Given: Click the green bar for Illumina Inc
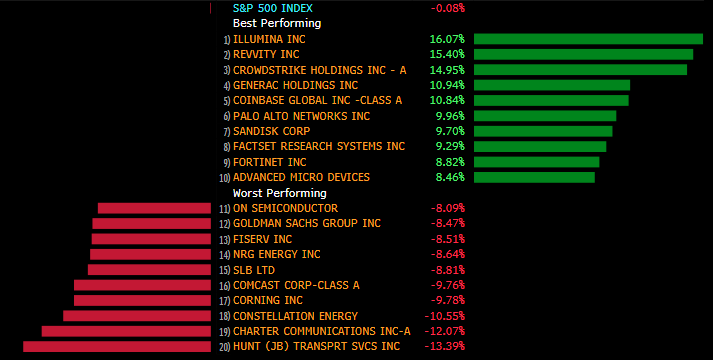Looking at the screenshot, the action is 588,39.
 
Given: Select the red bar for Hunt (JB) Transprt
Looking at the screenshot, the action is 117,346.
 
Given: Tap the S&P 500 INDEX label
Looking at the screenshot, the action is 273,8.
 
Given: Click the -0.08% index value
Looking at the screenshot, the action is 448,8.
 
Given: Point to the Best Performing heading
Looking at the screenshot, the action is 277,23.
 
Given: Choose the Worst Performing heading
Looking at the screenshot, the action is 280,193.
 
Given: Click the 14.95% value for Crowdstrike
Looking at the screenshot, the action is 447,70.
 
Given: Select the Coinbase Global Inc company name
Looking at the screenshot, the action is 317,100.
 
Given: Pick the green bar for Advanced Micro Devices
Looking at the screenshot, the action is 534,177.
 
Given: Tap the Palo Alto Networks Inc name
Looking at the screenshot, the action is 301,116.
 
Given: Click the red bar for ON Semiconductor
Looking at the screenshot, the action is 154,208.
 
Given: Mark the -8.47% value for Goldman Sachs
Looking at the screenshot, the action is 448,224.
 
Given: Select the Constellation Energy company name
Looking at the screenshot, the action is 296,316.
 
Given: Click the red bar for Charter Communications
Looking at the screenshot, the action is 126,331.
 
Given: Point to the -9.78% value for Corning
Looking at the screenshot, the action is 448,300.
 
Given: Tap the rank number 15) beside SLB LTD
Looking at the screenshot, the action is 225,270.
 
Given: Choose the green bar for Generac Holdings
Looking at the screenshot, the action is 552,85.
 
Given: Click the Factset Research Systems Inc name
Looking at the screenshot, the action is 319,146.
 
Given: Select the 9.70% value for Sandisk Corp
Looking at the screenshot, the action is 450,131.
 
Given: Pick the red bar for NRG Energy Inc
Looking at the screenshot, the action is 151,254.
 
